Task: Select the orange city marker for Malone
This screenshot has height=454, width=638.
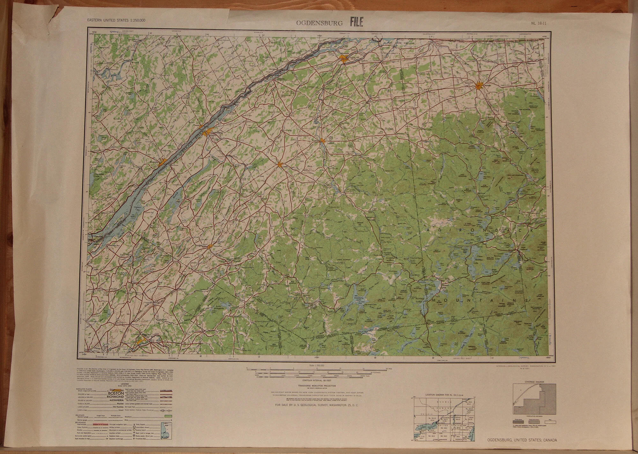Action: tap(478, 86)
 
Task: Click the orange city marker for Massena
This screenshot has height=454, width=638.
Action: tap(344, 59)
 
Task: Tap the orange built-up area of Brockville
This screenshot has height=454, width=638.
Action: tap(163, 162)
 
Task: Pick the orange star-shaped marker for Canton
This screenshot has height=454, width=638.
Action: tap(280, 165)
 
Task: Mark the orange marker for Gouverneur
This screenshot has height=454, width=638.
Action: tap(210, 246)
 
